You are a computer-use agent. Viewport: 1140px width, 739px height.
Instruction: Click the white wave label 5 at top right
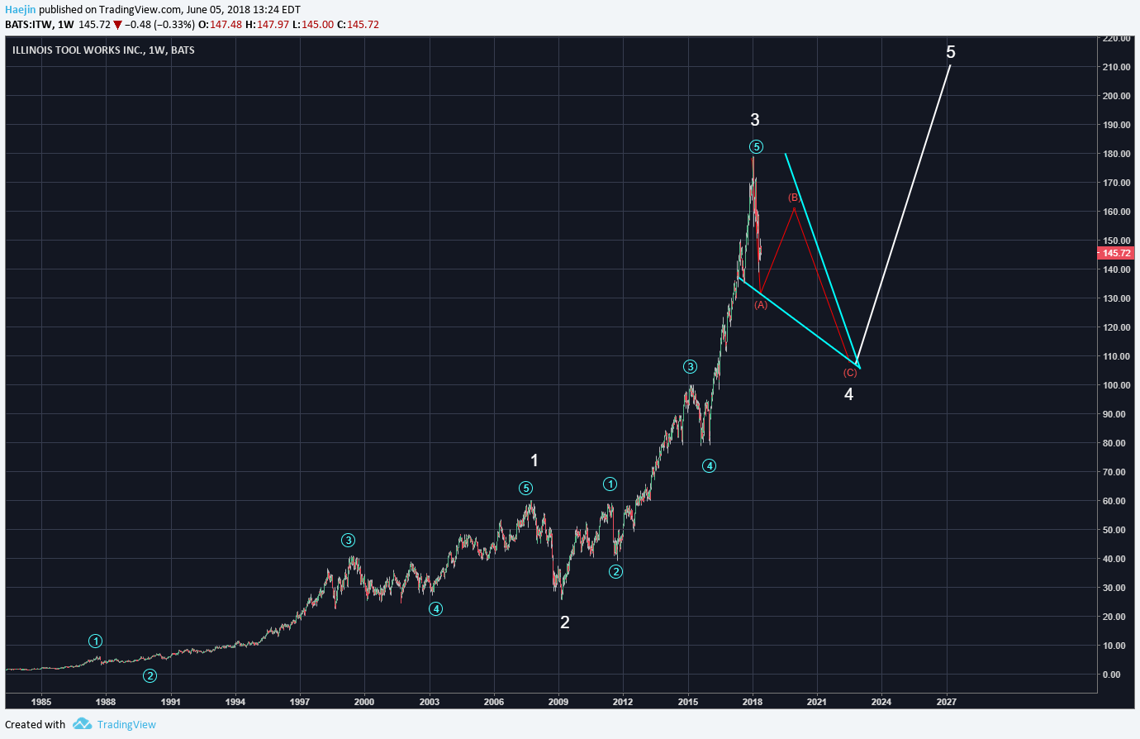tap(951, 53)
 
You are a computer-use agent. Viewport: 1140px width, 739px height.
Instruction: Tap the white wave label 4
tap(848, 394)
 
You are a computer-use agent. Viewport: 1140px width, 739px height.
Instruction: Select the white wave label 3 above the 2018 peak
tap(755, 121)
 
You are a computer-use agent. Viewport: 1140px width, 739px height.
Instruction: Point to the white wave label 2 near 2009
tap(565, 622)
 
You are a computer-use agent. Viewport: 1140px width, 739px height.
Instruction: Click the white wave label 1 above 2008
tap(534, 460)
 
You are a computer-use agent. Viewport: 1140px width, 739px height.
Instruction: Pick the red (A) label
tap(761, 305)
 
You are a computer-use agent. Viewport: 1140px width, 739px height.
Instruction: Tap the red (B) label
tap(794, 198)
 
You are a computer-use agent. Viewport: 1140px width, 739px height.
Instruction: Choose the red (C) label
tap(850, 373)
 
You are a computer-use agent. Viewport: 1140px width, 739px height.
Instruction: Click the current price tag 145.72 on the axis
tap(1116, 253)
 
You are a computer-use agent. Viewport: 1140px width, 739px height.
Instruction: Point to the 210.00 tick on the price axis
tap(1116, 67)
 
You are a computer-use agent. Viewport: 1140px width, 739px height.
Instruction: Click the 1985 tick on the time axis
tap(41, 702)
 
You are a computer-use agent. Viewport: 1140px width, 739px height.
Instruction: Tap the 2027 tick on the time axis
tap(947, 702)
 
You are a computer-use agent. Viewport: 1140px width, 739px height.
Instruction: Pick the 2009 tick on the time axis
tap(559, 702)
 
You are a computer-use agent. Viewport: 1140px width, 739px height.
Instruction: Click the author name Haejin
tap(21, 10)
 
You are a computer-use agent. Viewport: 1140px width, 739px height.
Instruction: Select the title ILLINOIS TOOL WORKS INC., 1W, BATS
tap(103, 50)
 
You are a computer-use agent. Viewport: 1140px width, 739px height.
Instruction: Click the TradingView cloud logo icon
tap(82, 724)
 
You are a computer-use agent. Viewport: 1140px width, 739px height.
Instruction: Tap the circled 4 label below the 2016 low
tap(710, 466)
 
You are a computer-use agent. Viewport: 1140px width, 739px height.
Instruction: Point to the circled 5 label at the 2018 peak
tap(756, 147)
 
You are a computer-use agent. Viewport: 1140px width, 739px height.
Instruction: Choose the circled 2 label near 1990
tap(150, 675)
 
